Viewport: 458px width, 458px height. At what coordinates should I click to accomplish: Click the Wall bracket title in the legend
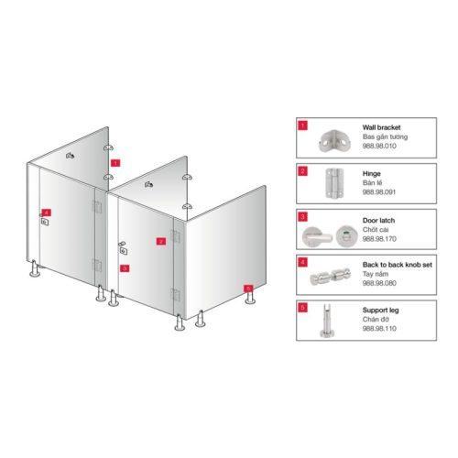[x=381, y=127]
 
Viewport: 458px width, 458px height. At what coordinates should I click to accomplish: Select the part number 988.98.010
[x=379, y=146]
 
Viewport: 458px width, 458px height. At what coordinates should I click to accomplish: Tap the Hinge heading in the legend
[x=371, y=174]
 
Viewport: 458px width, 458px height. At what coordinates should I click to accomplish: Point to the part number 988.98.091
[x=379, y=192]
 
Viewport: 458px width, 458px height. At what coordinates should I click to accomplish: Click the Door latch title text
[x=378, y=221]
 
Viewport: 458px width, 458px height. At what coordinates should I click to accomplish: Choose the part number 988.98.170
[x=379, y=239]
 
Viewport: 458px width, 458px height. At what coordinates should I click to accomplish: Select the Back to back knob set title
[x=398, y=265]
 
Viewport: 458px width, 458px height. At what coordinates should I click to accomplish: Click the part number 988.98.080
[x=379, y=283]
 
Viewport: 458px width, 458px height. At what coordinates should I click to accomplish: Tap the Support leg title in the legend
[x=380, y=311]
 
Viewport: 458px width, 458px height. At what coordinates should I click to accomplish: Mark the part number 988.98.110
[x=379, y=329]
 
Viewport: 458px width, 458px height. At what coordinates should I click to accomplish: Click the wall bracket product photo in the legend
[x=335, y=141]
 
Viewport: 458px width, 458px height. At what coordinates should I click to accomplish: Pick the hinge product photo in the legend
[x=334, y=183]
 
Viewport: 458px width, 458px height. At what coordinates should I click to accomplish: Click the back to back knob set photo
[x=331, y=277]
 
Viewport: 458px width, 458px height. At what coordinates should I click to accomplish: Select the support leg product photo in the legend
[x=325, y=321]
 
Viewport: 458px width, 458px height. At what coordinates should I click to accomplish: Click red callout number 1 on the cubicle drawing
[x=115, y=163]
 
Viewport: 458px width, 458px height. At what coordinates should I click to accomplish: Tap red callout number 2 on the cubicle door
[x=161, y=241]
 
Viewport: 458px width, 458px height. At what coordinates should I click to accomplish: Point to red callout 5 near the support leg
[x=248, y=289]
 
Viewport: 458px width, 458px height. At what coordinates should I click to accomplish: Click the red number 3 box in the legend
[x=302, y=217]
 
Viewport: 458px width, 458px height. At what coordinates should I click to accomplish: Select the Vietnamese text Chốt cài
[x=376, y=230]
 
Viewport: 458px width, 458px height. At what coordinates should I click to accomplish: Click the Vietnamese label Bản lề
[x=372, y=183]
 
